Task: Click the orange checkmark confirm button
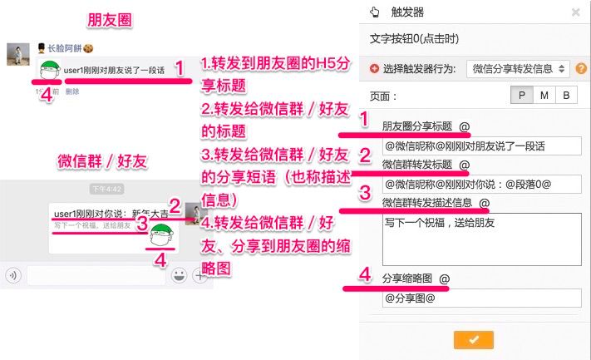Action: pyautogui.click(x=474, y=339)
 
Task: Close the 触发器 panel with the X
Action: pyautogui.click(x=575, y=12)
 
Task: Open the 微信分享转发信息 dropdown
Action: pyautogui.click(x=518, y=68)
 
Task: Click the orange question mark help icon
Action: pyautogui.click(x=581, y=68)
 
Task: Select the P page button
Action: pyautogui.click(x=521, y=96)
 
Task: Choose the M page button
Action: pyautogui.click(x=544, y=96)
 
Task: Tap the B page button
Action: pyautogui.click(x=566, y=96)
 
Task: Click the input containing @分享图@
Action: pyautogui.click(x=481, y=298)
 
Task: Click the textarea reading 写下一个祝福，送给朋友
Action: pyautogui.click(x=481, y=238)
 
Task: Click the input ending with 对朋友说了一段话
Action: pyautogui.click(x=481, y=145)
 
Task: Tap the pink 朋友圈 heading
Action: pyautogui.click(x=106, y=18)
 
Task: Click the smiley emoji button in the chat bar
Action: pyautogui.click(x=178, y=275)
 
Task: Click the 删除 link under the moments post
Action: pyautogui.click(x=72, y=92)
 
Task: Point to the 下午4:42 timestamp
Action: pyautogui.click(x=106, y=189)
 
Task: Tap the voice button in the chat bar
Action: pyautogui.click(x=13, y=275)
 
